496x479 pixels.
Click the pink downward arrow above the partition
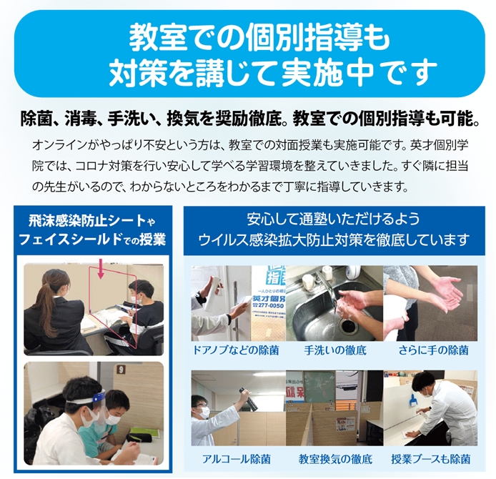[101, 269]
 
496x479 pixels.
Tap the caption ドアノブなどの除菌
[236, 350]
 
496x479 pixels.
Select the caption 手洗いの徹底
[335, 350]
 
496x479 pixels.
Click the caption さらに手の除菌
[433, 350]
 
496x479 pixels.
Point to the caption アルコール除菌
[237, 459]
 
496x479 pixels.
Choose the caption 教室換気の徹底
[335, 459]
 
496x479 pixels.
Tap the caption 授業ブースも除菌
[431, 459]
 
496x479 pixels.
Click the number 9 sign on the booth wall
[121, 369]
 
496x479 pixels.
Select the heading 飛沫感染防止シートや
[92, 222]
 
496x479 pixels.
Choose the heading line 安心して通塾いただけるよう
[334, 219]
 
